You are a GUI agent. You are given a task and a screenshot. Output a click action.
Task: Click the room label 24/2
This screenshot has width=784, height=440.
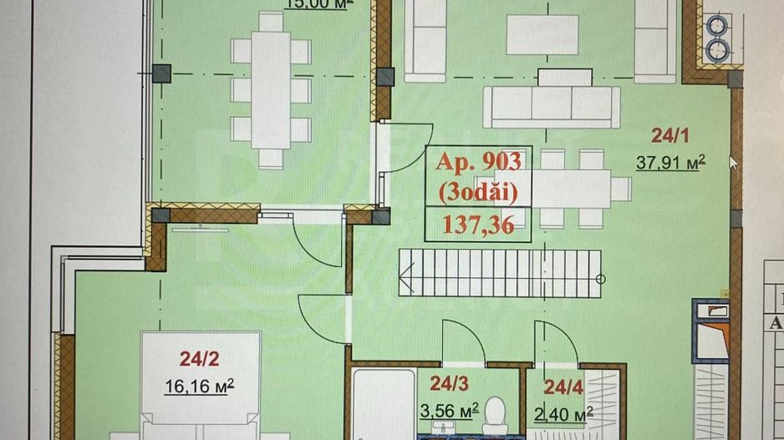[x=199, y=360]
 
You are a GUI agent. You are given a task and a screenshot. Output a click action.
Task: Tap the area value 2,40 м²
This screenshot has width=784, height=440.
[x=565, y=412]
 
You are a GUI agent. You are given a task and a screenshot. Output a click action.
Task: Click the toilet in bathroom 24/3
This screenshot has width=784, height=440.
[x=496, y=413]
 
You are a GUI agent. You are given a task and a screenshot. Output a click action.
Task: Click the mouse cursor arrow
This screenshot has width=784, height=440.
[x=733, y=162]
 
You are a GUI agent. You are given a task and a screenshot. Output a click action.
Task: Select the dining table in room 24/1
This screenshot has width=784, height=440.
[x=568, y=184]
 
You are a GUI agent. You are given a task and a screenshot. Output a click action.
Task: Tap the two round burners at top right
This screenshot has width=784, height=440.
[x=717, y=38]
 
